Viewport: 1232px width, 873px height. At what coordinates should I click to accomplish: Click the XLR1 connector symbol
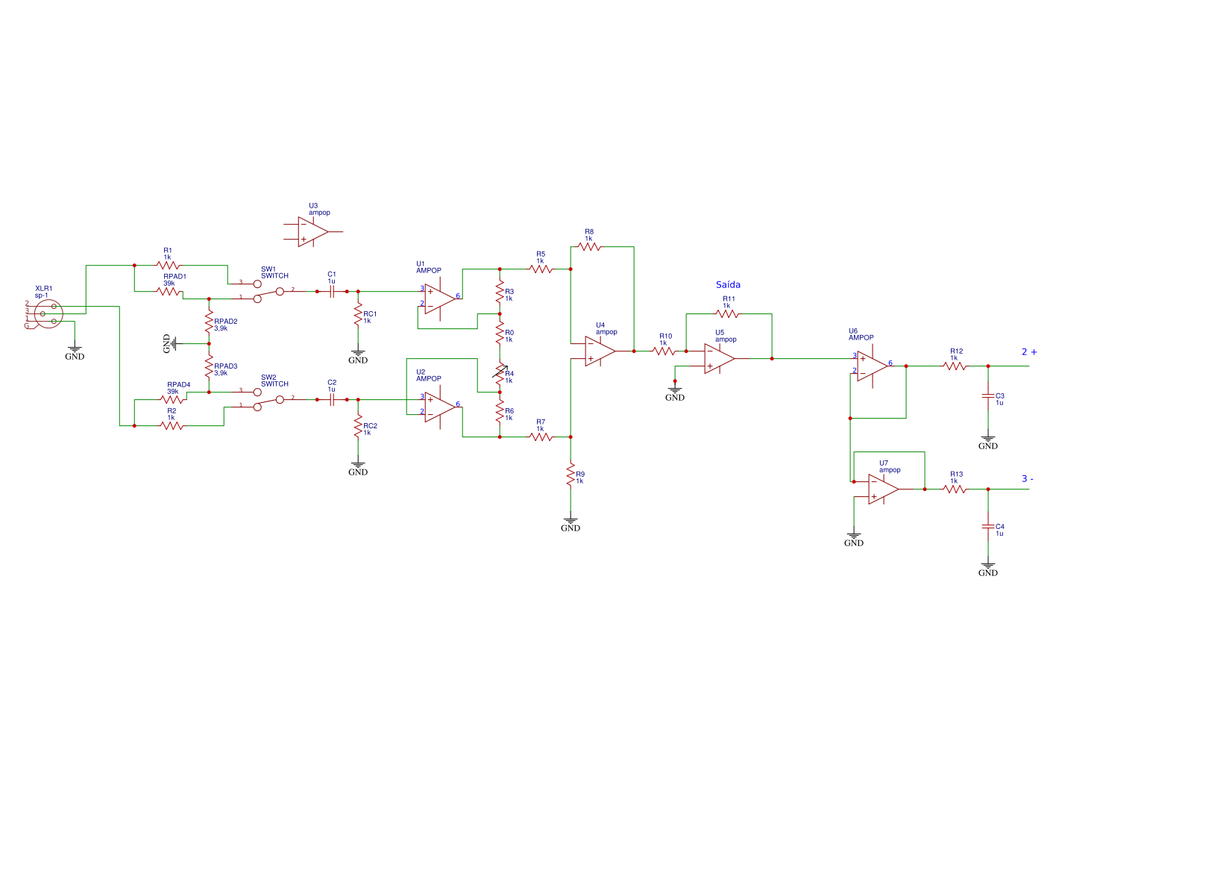[x=47, y=313]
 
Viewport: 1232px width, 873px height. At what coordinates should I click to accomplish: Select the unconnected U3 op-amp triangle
[x=312, y=231]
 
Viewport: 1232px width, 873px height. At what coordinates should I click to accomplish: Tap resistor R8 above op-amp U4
[x=588, y=246]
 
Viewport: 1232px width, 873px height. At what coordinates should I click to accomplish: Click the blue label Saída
[x=728, y=284]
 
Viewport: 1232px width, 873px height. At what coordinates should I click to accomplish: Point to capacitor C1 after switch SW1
[x=332, y=291]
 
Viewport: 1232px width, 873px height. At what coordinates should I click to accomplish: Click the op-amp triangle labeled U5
[x=718, y=358]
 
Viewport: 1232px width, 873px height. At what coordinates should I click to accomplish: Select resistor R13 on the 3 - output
[x=955, y=489]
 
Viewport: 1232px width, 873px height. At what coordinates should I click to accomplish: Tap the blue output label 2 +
[x=1029, y=351]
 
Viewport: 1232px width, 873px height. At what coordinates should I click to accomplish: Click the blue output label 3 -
[x=1028, y=479]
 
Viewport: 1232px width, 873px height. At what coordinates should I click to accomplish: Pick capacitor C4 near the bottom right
[x=988, y=526]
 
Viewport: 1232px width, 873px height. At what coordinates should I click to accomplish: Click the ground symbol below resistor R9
[x=571, y=522]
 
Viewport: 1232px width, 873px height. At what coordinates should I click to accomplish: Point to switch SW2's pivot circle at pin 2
[x=280, y=399]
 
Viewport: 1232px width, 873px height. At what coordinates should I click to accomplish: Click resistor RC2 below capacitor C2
[x=358, y=429]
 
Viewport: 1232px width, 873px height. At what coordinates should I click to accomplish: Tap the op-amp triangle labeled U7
[x=882, y=489]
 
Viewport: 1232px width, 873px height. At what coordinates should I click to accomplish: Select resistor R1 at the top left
[x=169, y=265]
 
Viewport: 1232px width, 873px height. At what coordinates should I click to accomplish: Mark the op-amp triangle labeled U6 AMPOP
[x=871, y=366]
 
